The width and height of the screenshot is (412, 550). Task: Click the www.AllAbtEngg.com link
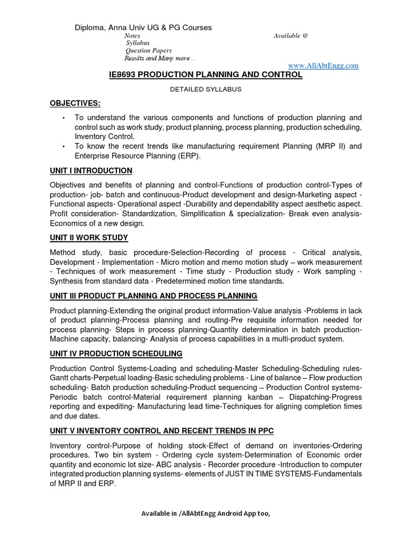(x=323, y=65)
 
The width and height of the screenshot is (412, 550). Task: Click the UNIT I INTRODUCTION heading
(x=91, y=171)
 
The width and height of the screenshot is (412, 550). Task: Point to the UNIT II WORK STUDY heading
(x=89, y=238)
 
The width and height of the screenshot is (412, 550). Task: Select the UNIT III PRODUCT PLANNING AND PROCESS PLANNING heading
(x=153, y=296)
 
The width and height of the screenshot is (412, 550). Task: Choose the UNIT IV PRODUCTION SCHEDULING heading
(x=116, y=353)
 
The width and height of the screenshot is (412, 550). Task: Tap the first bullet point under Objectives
(x=63, y=118)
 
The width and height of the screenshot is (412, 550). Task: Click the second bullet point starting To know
(x=63, y=146)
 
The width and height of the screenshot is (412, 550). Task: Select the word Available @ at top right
(x=291, y=35)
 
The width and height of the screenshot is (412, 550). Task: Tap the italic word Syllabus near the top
(x=137, y=43)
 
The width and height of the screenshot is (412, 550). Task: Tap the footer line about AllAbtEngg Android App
(x=205, y=513)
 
